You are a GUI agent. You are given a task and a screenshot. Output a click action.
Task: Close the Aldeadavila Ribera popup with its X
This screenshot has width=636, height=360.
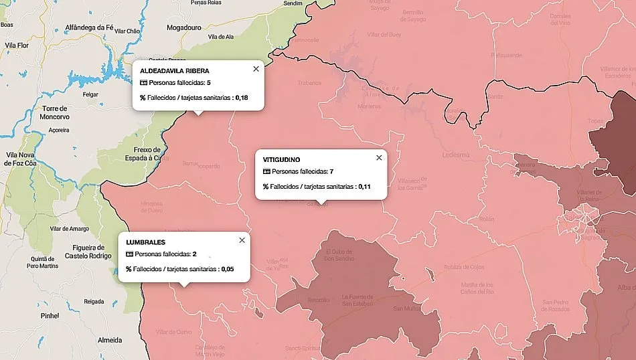click(x=255, y=69)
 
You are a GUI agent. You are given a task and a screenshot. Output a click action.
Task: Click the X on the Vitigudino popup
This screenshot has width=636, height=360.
click(x=379, y=158)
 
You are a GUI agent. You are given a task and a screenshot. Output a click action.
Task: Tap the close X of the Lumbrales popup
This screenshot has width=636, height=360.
click(x=242, y=240)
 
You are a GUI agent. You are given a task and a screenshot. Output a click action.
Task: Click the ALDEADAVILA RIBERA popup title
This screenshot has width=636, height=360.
click(x=174, y=70)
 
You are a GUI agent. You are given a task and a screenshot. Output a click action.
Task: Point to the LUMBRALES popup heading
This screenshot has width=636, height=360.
click(x=145, y=242)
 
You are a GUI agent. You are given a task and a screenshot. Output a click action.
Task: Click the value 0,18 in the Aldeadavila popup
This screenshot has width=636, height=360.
click(x=241, y=98)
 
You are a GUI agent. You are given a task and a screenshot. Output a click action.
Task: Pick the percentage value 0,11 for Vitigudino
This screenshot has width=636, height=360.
click(x=364, y=187)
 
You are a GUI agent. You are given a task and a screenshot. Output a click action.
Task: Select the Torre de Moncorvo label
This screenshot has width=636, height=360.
click(x=55, y=112)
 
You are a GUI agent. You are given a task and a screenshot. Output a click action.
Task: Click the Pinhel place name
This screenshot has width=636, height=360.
click(x=50, y=314)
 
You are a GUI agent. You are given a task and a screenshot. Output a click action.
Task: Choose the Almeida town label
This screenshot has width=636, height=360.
click(x=110, y=340)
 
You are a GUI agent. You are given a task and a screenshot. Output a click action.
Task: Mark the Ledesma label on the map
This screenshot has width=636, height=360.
click(x=456, y=155)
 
